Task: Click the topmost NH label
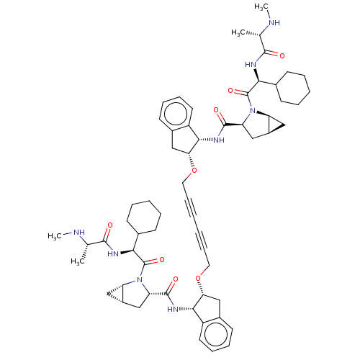click(274, 23)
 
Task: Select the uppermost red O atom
click(282, 55)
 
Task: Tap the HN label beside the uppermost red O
click(251, 64)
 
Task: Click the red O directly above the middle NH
click(216, 110)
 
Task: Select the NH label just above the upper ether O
click(219, 140)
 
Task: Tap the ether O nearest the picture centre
click(194, 171)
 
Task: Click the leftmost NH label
click(79, 233)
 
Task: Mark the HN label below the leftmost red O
click(112, 253)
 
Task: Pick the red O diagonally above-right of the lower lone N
click(161, 259)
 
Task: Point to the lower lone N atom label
click(141, 280)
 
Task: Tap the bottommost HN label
click(173, 310)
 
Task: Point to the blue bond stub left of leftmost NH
click(70, 232)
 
